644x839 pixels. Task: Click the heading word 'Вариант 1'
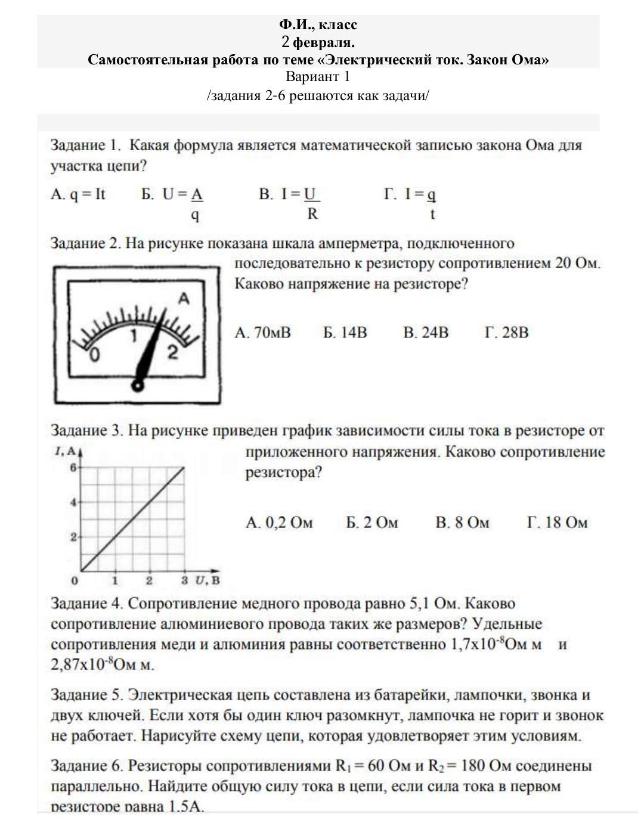click(x=318, y=77)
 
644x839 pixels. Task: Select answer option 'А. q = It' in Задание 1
click(x=78, y=194)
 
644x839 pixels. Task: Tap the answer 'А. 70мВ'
click(x=263, y=333)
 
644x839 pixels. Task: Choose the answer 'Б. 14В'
click(x=345, y=333)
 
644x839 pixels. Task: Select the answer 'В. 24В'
click(x=426, y=333)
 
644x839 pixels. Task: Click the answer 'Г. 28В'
click(x=507, y=333)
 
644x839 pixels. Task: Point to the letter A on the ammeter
click(x=184, y=299)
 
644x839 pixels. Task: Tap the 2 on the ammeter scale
click(x=173, y=352)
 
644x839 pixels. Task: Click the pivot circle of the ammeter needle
click(x=138, y=386)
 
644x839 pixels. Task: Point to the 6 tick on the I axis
click(x=73, y=468)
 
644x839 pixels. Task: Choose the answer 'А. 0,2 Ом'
click(x=279, y=523)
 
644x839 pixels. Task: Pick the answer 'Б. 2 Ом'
click(x=372, y=523)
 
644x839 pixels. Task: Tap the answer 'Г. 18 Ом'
click(x=558, y=523)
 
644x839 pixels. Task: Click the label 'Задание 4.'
click(x=87, y=604)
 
